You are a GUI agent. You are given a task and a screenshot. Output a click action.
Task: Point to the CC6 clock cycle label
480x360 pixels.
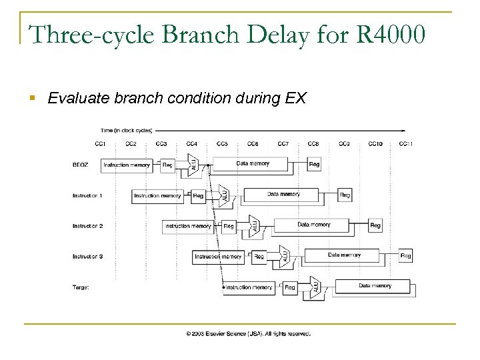click(253, 143)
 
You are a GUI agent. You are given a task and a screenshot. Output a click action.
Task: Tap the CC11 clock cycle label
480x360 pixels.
click(406, 143)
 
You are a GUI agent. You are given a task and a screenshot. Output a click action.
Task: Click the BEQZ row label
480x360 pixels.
click(81, 164)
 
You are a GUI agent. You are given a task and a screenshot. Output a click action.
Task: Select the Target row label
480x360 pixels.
click(81, 287)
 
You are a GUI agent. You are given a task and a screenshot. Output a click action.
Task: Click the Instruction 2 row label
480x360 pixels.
click(87, 225)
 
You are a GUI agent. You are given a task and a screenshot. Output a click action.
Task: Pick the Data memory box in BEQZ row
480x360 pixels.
click(253, 163)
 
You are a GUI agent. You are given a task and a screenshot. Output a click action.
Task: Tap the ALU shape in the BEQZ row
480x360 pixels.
click(192, 164)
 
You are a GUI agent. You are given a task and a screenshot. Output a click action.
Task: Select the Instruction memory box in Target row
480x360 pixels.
click(249, 287)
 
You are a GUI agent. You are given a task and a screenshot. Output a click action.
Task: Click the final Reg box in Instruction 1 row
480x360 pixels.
click(345, 195)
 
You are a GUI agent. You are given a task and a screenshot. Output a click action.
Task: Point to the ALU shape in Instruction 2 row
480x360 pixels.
click(253, 225)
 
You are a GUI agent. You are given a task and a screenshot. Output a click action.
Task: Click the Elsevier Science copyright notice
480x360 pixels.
click(248, 333)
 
